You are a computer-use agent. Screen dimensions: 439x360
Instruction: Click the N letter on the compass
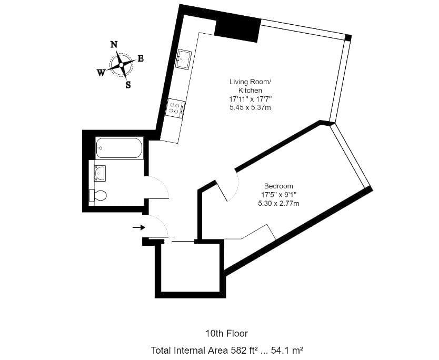pyautogui.click(x=114, y=45)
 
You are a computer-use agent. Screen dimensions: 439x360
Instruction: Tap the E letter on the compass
pyautogui.click(x=141, y=58)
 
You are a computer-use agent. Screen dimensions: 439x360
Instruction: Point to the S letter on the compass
pyautogui.click(x=128, y=85)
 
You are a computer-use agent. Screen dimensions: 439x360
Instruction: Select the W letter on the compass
pyautogui.click(x=101, y=73)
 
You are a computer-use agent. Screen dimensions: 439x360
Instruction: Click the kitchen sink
pyautogui.click(x=183, y=59)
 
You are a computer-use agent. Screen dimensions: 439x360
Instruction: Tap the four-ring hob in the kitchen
pyautogui.click(x=175, y=108)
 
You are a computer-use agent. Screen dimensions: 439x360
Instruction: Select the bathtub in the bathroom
pyautogui.click(x=119, y=148)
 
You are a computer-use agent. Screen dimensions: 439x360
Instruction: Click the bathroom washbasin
pyautogui.click(x=100, y=173)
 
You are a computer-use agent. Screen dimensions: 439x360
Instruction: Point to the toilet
pyautogui.click(x=97, y=195)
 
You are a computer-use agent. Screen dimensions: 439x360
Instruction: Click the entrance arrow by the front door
pyautogui.click(x=138, y=227)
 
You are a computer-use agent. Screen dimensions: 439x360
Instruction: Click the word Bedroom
pyautogui.click(x=278, y=186)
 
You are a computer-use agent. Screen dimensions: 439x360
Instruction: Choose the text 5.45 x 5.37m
pyautogui.click(x=251, y=107)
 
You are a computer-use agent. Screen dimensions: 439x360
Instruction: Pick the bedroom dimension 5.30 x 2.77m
pyautogui.click(x=278, y=204)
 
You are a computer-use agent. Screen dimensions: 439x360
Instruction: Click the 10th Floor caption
pyautogui.click(x=227, y=333)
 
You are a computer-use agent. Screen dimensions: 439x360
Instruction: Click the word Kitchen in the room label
pyautogui.click(x=251, y=91)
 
